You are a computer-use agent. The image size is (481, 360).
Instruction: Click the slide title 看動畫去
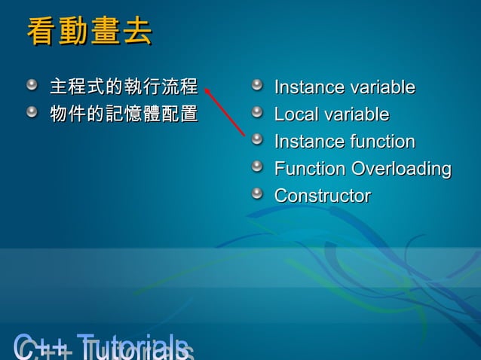89,32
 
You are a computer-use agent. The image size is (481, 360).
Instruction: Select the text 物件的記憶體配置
123,114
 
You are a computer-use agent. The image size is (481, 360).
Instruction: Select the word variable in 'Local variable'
357,114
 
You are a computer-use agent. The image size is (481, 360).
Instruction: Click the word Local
296,114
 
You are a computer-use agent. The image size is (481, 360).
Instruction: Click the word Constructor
322,196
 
